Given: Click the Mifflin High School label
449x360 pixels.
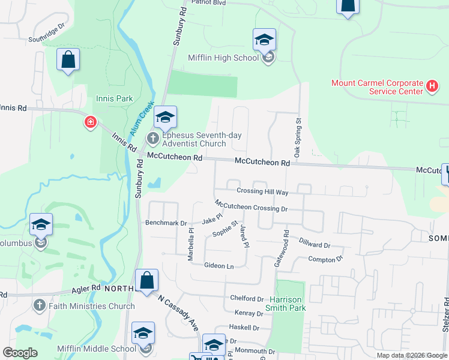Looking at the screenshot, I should click(x=223, y=58).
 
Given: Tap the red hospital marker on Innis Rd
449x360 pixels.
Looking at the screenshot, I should click(x=90, y=123).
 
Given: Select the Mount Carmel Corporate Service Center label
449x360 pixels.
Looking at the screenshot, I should click(x=377, y=87).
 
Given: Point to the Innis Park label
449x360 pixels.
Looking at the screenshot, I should click(x=114, y=98).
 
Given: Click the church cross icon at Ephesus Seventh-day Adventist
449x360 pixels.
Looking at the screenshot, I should click(x=152, y=139).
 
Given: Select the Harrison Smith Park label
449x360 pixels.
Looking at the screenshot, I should click(x=288, y=304).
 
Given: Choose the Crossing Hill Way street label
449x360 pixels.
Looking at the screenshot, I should click(x=262, y=192).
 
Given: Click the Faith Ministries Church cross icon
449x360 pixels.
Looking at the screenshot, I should click(x=40, y=306).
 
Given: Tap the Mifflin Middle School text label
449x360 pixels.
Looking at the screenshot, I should click(x=97, y=349).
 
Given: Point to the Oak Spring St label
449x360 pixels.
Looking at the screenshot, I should click(x=297, y=139).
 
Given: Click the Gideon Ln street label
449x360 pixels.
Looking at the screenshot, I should click(x=218, y=265).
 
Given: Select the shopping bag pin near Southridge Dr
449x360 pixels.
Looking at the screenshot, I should click(x=68, y=59).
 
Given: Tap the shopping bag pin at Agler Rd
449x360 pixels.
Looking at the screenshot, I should click(x=146, y=280).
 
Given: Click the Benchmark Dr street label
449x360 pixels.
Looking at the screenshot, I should click(x=166, y=223).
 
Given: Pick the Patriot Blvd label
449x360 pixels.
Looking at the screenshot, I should click(x=208, y=2).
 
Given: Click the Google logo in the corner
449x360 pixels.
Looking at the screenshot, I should click(x=20, y=353).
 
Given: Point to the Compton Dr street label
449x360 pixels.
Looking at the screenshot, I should click(x=325, y=259).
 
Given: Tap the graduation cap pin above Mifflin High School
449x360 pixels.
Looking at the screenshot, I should click(x=264, y=40).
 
